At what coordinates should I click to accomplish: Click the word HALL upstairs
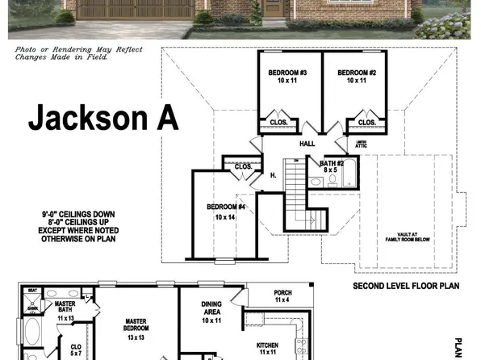(x=307, y=144)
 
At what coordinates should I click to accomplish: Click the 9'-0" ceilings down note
(x=78, y=214)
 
